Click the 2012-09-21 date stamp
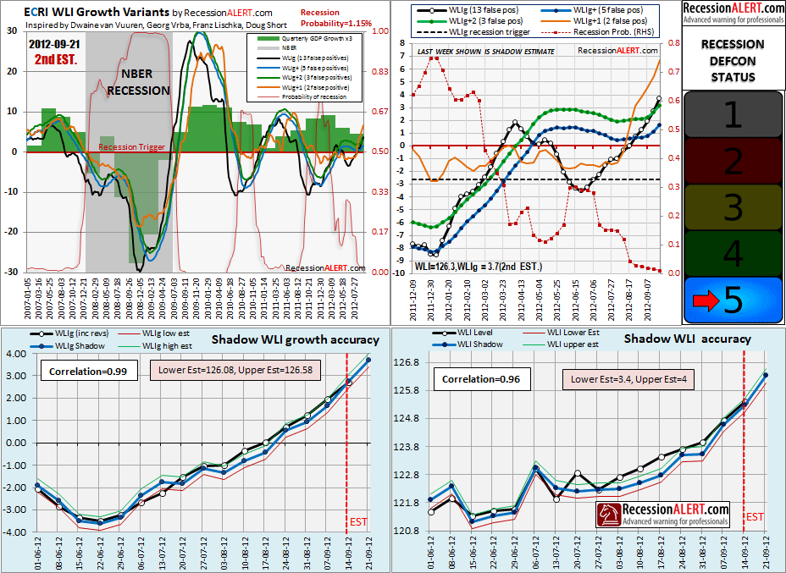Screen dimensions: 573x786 coord(54,42)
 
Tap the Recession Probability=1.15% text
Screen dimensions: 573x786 coord(334,18)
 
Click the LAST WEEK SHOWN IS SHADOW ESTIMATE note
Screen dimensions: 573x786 coord(486,52)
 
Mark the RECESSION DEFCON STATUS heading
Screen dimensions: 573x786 coord(733,60)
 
